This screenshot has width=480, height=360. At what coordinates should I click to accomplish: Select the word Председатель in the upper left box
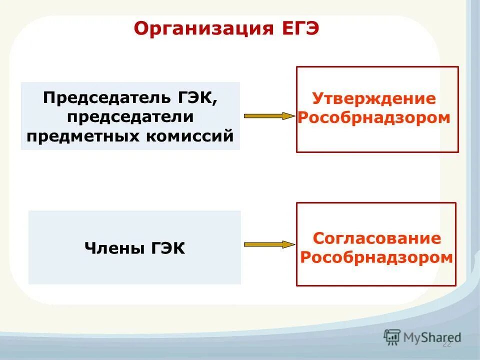coord(106,97)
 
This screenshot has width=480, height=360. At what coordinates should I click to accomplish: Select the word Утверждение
coord(374,98)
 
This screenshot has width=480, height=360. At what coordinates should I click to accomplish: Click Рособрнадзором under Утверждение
coord(374,118)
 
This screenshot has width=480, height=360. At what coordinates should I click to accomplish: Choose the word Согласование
coord(377,238)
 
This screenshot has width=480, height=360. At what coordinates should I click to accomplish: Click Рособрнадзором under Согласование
coord(377,258)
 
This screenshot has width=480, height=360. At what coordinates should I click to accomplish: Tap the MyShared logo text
coord(432,337)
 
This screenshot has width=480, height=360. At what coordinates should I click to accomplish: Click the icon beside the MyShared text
coord(392,337)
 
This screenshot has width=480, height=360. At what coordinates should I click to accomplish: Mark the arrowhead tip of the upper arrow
coord(294,116)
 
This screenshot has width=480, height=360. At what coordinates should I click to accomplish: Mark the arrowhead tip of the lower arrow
coord(294,244)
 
